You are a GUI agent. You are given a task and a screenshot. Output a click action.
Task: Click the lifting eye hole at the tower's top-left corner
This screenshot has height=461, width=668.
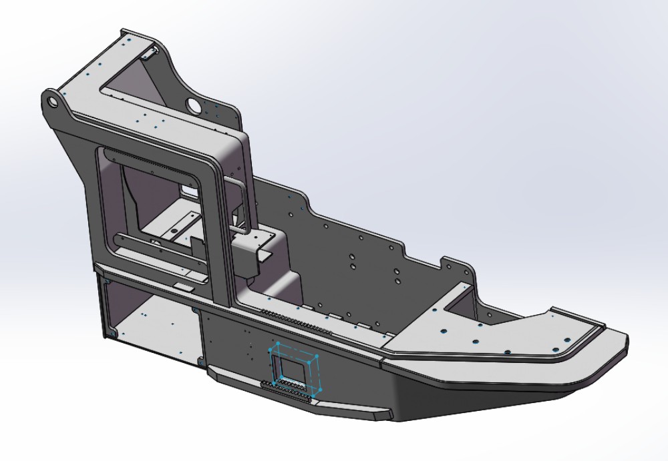tap(51, 101)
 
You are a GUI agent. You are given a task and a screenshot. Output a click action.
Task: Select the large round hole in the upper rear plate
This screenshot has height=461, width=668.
tap(194, 105)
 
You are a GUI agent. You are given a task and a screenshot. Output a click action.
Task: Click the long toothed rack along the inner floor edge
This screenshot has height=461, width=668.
tap(294, 319)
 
